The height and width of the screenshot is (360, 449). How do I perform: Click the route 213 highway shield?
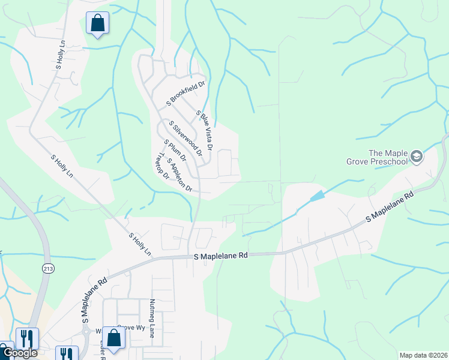pos(47,268)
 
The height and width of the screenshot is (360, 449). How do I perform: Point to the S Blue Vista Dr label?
pos(205,130)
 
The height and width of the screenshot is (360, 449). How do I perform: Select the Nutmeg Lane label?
pos(152,318)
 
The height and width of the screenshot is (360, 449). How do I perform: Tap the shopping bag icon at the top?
pos(97,23)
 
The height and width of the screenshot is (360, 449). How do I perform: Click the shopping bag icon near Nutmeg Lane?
pos(114,338)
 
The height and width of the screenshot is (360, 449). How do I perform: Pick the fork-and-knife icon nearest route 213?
pos(27,338)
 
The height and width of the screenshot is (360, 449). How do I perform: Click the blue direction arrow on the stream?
pos(317,196)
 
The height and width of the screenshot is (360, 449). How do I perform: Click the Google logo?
pos(20,353)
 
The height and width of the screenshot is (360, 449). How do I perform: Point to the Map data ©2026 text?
pos(423,355)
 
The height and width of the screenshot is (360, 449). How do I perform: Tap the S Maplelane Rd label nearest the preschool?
pos(391,208)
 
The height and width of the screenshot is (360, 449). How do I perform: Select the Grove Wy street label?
pos(130,328)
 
